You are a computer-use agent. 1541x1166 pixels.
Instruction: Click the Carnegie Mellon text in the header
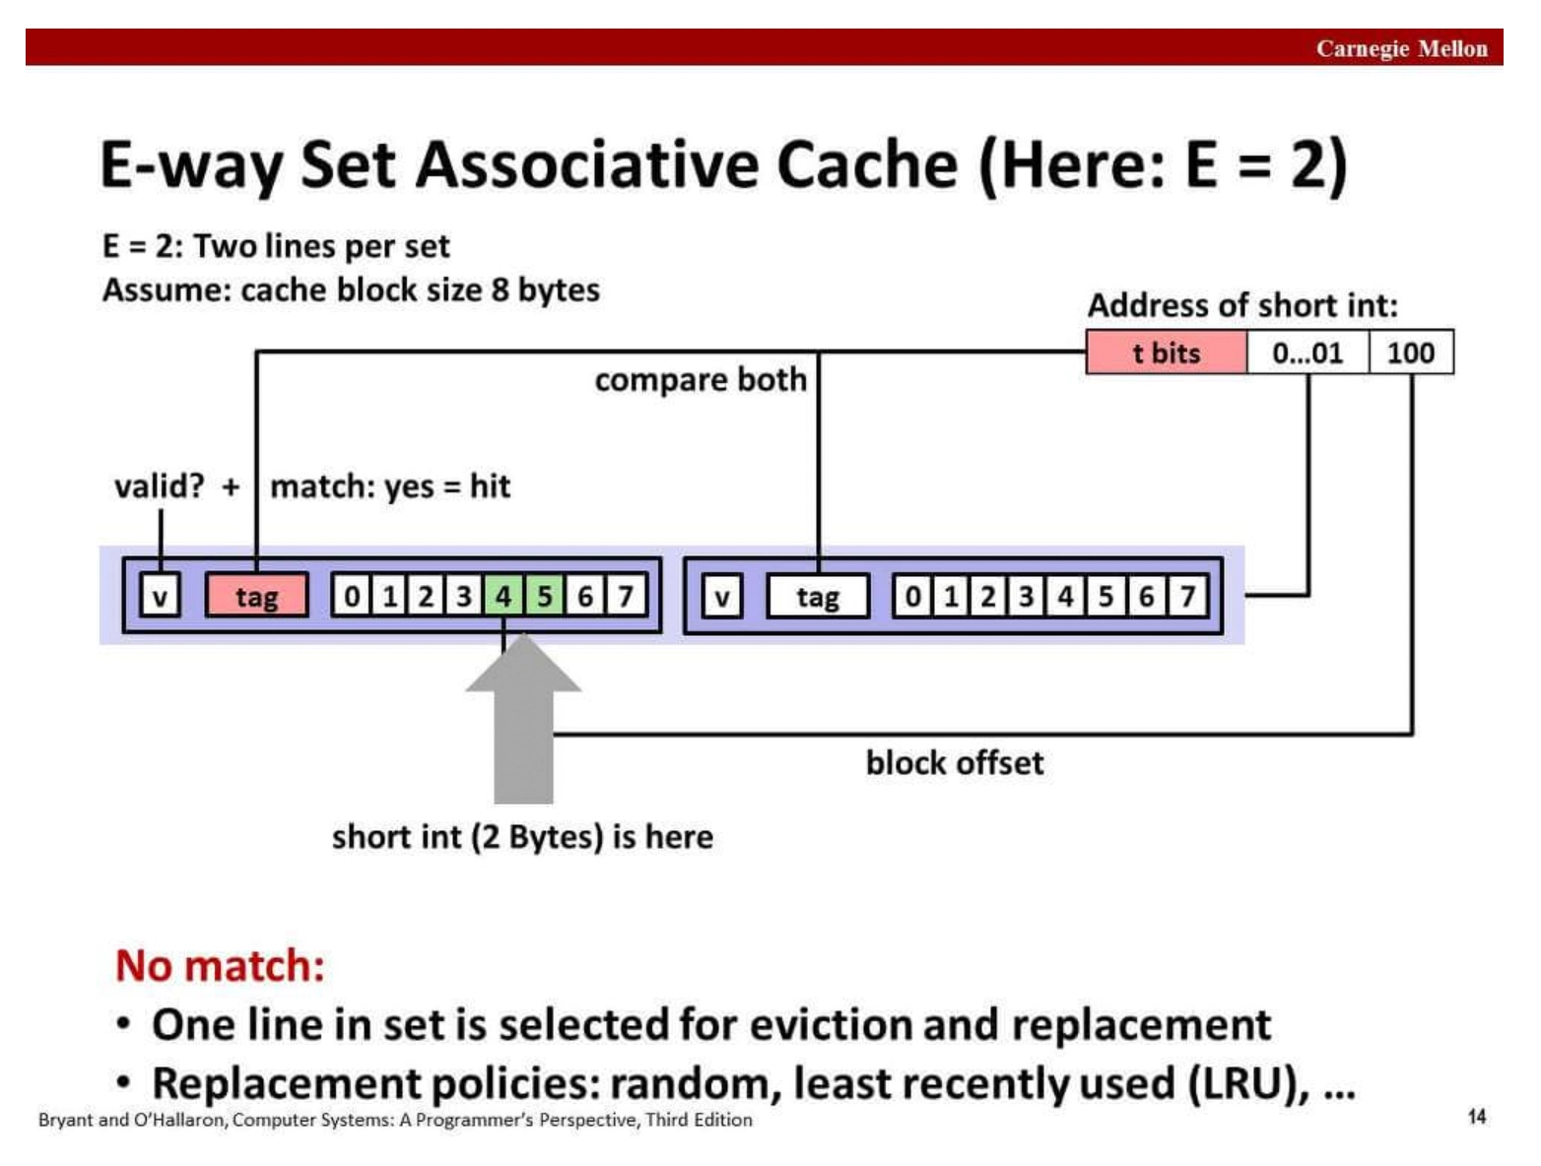[1401, 48]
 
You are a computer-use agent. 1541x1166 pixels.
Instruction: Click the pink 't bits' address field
[1167, 353]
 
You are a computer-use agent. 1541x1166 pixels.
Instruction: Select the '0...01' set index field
[1307, 353]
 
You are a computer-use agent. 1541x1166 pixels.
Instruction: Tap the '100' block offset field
[1411, 353]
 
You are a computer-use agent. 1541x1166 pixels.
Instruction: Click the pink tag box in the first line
[257, 596]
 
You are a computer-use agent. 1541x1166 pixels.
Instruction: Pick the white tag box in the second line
[818, 597]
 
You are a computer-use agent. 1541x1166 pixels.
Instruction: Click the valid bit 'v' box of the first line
[160, 596]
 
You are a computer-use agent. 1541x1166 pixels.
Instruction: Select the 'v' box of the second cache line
[721, 597]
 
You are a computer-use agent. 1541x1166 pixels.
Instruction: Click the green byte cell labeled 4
[503, 596]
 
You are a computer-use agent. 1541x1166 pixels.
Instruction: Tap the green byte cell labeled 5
[544, 596]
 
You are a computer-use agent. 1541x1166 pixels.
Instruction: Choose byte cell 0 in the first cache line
[352, 596]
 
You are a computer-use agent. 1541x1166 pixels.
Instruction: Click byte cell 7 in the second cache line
[1188, 597]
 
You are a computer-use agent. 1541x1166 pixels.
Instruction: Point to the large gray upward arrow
[523, 718]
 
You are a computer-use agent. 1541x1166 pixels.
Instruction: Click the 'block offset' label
[955, 762]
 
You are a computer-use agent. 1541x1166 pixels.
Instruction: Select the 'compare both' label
[701, 379]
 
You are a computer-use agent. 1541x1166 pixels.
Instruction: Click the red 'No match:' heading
[221, 965]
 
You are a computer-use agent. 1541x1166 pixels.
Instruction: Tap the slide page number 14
[1477, 1116]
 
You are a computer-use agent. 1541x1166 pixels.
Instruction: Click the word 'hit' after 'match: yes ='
[490, 486]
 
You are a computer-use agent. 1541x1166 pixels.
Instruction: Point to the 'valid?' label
[160, 486]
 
